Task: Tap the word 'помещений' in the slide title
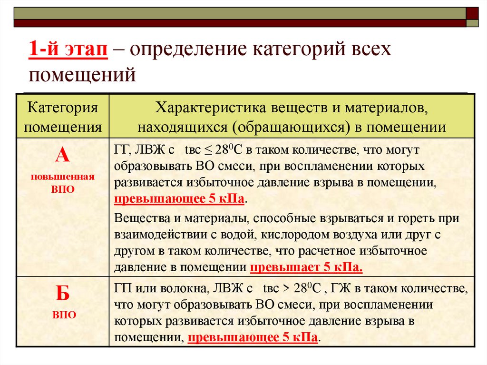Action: tap(82, 75)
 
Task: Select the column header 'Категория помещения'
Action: tap(63, 117)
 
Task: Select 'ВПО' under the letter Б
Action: tap(63, 315)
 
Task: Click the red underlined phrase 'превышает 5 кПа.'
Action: tap(306, 267)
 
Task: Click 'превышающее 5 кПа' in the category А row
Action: tap(179, 198)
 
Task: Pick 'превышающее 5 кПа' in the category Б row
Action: tap(253, 338)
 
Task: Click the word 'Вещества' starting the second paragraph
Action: tap(137, 219)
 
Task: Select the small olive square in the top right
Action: tap(472, 23)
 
